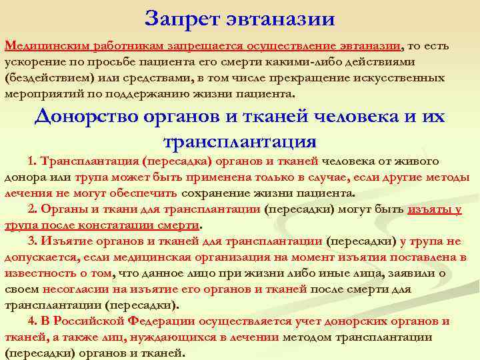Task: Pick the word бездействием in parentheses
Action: (x=49, y=78)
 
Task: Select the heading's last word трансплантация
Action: (x=239, y=141)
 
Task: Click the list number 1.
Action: (x=33, y=162)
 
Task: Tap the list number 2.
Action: (x=33, y=209)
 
